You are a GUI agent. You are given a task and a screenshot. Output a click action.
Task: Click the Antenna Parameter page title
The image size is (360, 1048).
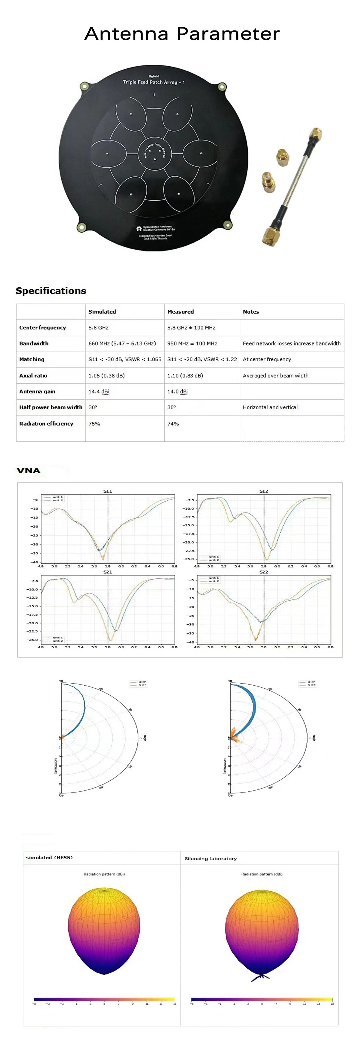click(x=182, y=34)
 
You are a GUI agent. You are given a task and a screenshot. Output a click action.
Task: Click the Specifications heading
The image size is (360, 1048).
click(x=51, y=291)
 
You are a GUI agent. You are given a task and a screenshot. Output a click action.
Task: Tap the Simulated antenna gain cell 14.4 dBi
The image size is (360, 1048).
click(x=99, y=391)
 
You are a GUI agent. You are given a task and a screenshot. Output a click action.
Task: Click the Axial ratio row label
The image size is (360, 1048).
click(x=33, y=375)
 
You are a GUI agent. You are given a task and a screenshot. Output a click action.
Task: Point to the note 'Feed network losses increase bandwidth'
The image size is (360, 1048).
click(x=291, y=344)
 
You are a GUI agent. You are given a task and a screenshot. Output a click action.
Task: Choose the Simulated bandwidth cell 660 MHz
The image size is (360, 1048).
click(x=122, y=344)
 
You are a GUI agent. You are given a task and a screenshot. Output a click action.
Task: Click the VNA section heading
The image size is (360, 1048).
click(x=29, y=471)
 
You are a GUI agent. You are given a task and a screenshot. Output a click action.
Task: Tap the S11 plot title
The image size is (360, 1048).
click(x=107, y=491)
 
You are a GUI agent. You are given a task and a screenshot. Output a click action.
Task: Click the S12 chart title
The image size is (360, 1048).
click(x=264, y=491)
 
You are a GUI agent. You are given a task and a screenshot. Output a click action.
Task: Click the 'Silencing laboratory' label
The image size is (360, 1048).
click(x=210, y=858)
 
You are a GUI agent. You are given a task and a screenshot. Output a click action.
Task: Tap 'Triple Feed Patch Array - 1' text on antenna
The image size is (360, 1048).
click(x=154, y=82)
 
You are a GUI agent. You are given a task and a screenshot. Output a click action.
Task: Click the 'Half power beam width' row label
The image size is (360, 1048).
click(x=51, y=407)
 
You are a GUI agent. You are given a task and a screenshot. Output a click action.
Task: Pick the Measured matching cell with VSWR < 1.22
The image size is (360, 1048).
click(x=202, y=359)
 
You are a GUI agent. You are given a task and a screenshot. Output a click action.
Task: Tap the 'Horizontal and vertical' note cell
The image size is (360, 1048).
click(x=270, y=407)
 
